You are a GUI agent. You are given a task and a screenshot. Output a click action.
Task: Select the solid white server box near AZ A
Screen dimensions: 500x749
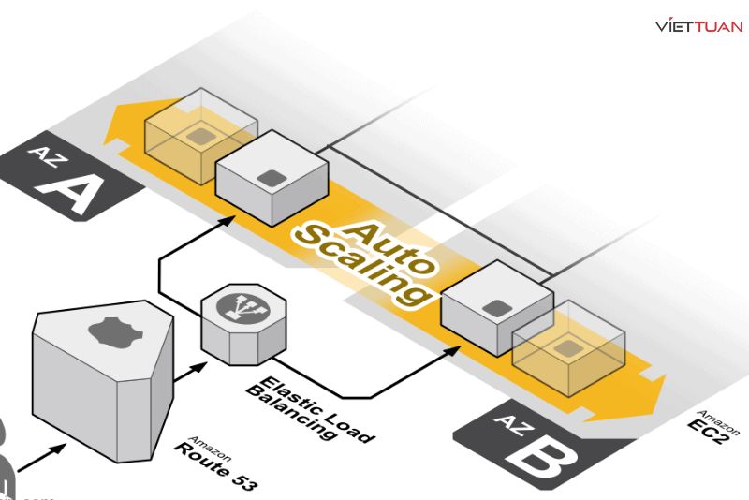272,177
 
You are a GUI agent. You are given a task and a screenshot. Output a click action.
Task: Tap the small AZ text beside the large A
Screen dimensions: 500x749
43,154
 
